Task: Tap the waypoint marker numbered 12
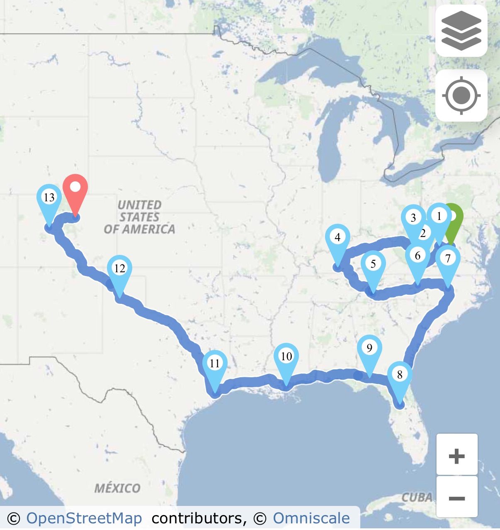pos(119,269)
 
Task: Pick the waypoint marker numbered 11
pos(214,364)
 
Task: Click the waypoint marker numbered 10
pos(286,357)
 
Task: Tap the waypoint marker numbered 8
pos(400,375)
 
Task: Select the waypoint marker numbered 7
pos(448,258)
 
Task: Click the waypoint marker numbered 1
pos(439,216)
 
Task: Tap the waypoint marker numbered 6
pos(417,256)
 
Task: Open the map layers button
pos(461,31)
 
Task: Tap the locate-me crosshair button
pos(461,96)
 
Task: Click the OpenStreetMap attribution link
pos(84,518)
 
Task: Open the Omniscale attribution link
pos(311,518)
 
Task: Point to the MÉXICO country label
pos(117,488)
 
